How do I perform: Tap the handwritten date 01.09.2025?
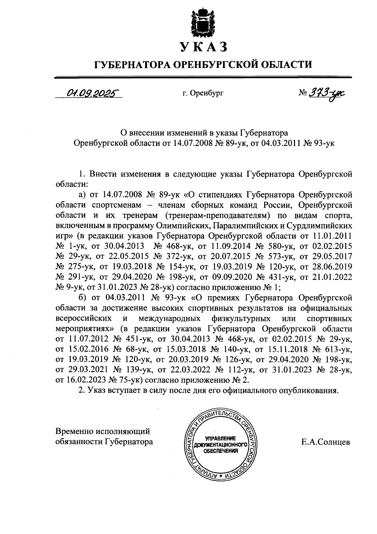click(90, 93)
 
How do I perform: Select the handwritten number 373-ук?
click(326, 93)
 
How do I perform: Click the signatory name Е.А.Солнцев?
click(325, 442)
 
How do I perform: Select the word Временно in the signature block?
click(75, 431)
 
